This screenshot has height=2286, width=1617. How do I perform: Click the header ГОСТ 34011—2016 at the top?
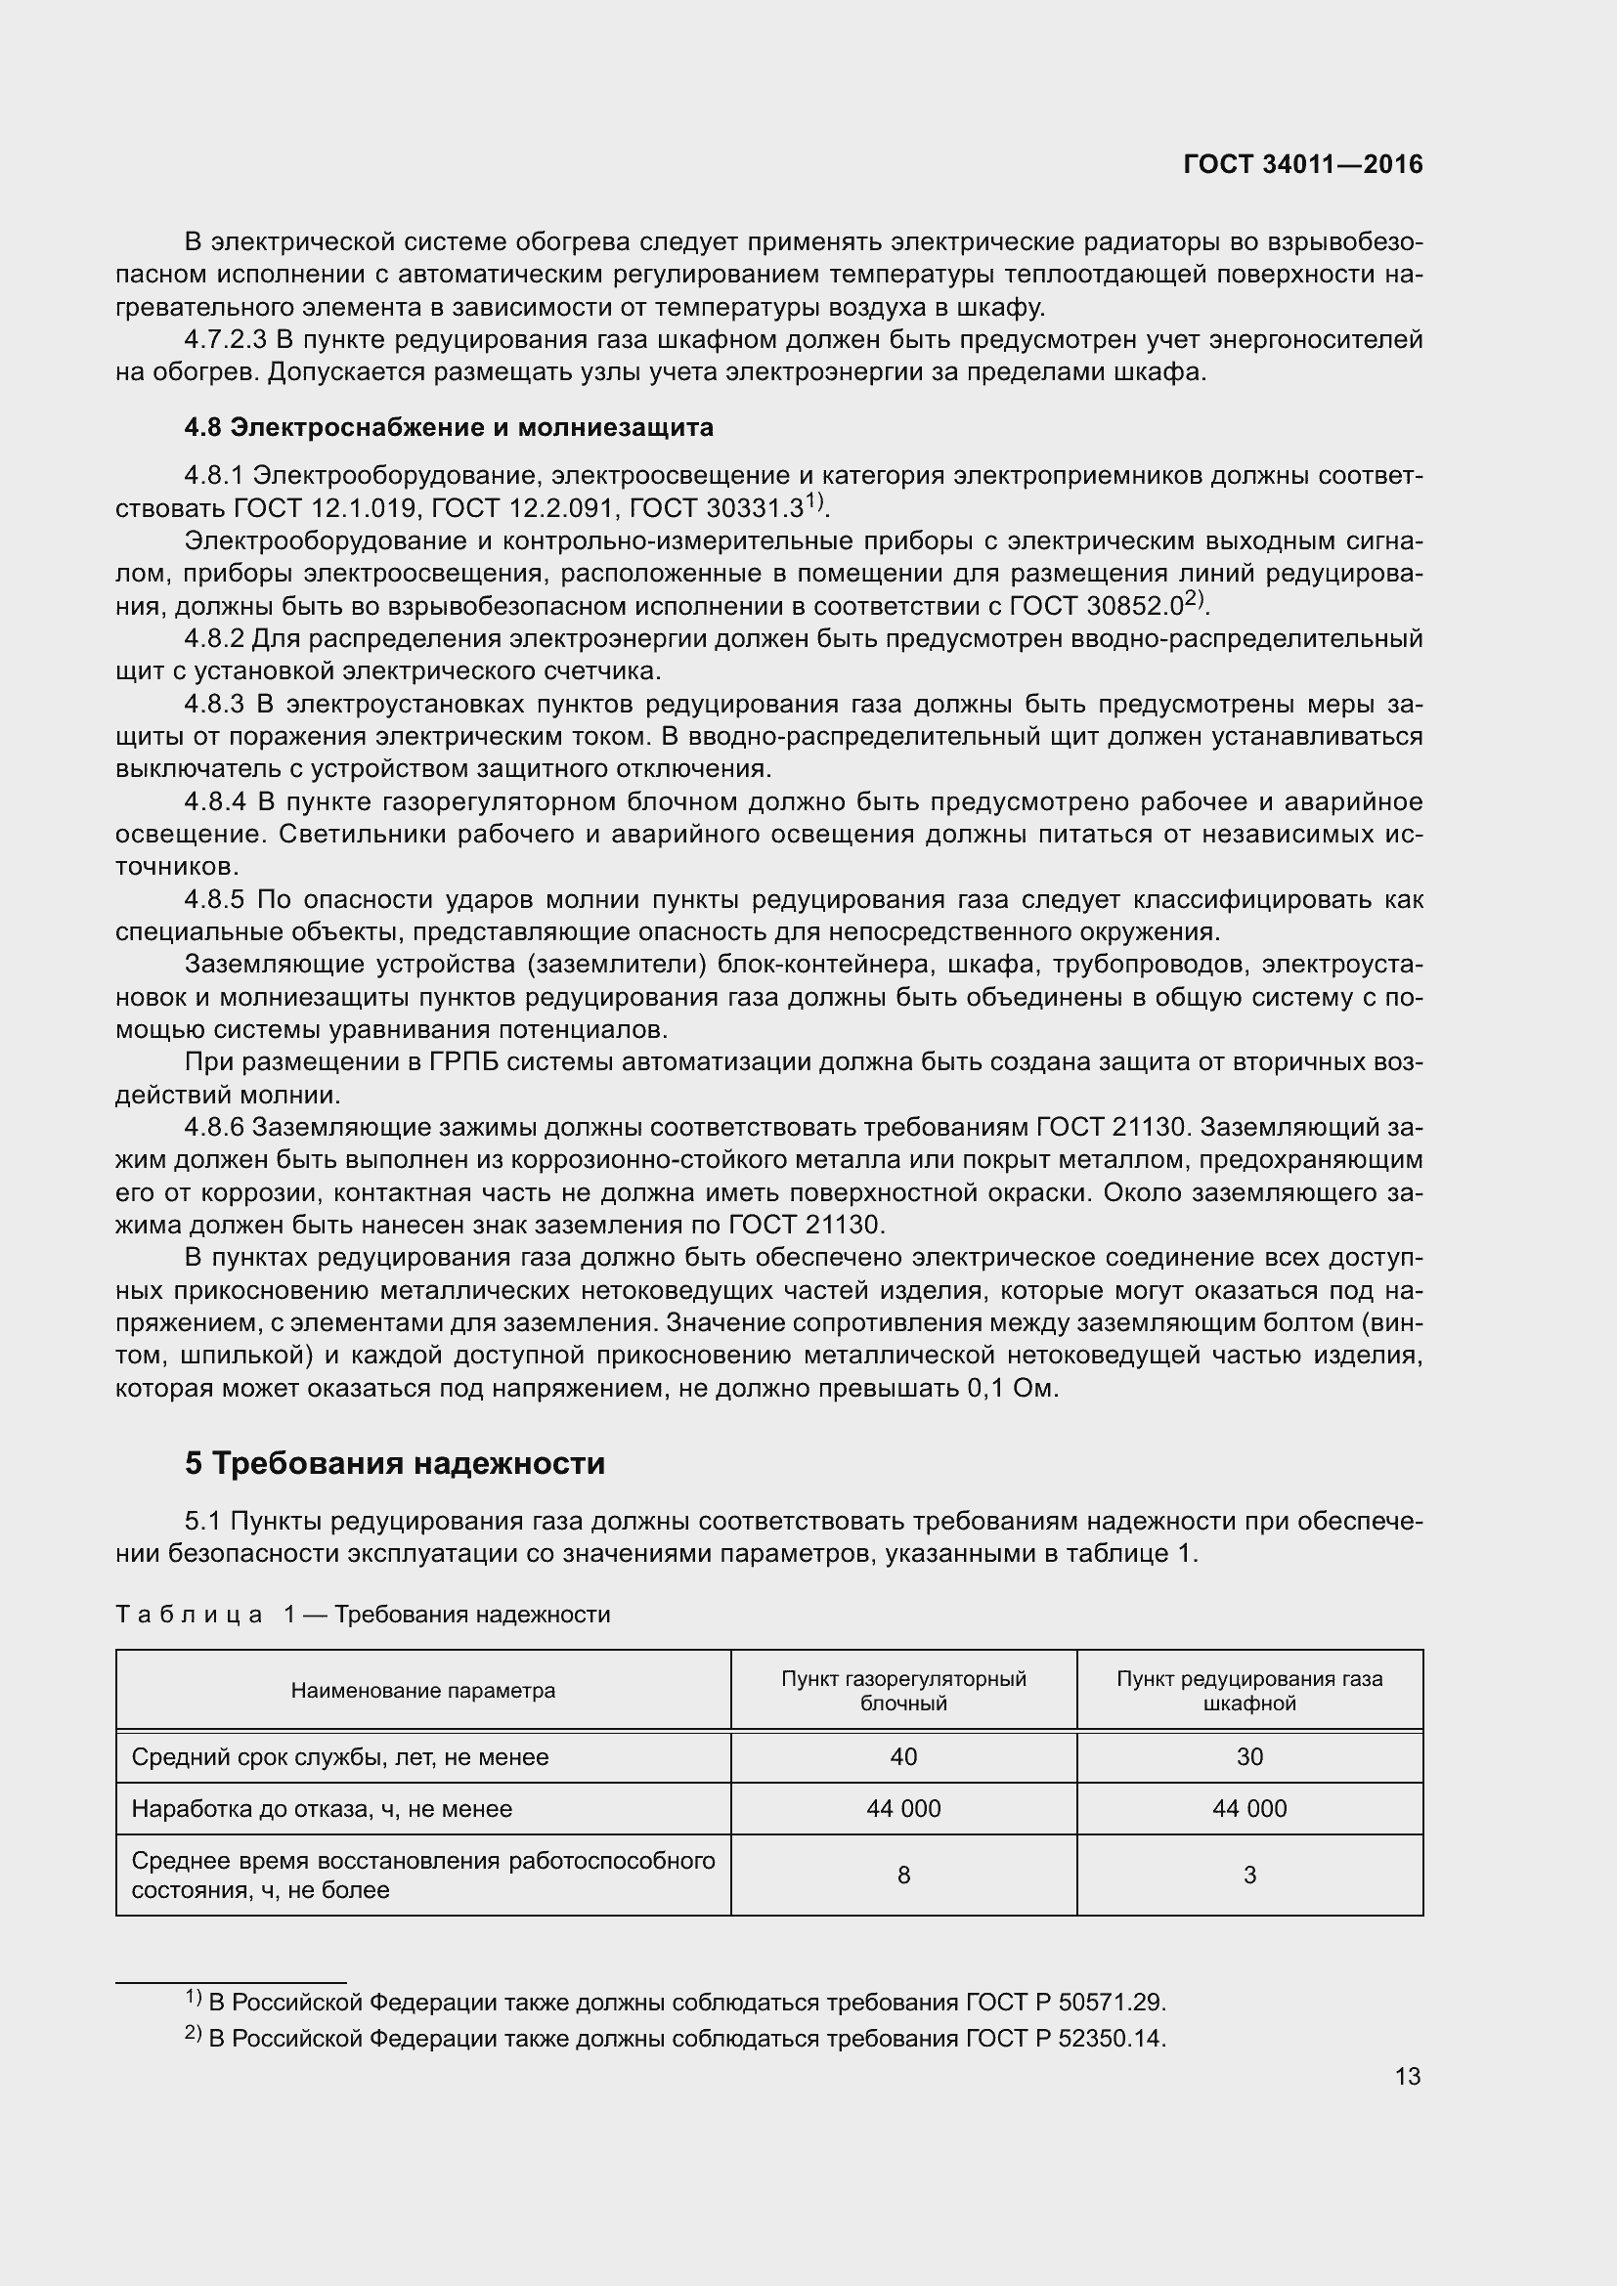click(1302, 164)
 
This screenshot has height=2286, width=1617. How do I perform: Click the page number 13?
click(1407, 2076)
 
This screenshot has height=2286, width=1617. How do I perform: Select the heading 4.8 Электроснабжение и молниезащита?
click(448, 427)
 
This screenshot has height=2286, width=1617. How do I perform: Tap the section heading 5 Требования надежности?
click(394, 1463)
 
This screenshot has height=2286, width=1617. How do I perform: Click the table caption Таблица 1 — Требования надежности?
click(363, 1614)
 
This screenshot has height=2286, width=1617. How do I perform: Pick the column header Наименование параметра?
click(423, 1691)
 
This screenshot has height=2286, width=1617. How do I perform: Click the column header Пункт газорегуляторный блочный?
click(903, 1691)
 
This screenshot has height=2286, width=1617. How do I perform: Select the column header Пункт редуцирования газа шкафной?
click(1248, 1691)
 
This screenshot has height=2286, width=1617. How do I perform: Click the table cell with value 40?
click(903, 1756)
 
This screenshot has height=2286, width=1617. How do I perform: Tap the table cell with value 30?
click(1248, 1756)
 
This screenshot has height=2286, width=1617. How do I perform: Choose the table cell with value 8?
click(903, 1875)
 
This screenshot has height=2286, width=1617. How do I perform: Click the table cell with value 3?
click(1248, 1875)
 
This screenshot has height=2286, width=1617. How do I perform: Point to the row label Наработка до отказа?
click(321, 1808)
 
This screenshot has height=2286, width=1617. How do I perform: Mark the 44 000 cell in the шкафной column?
click(1248, 1808)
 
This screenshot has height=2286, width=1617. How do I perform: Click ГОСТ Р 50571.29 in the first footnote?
click(1065, 2003)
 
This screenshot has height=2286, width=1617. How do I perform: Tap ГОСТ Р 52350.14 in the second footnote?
click(1065, 2038)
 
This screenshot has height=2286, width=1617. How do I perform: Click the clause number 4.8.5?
click(214, 900)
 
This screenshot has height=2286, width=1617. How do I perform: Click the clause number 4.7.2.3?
click(225, 340)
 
